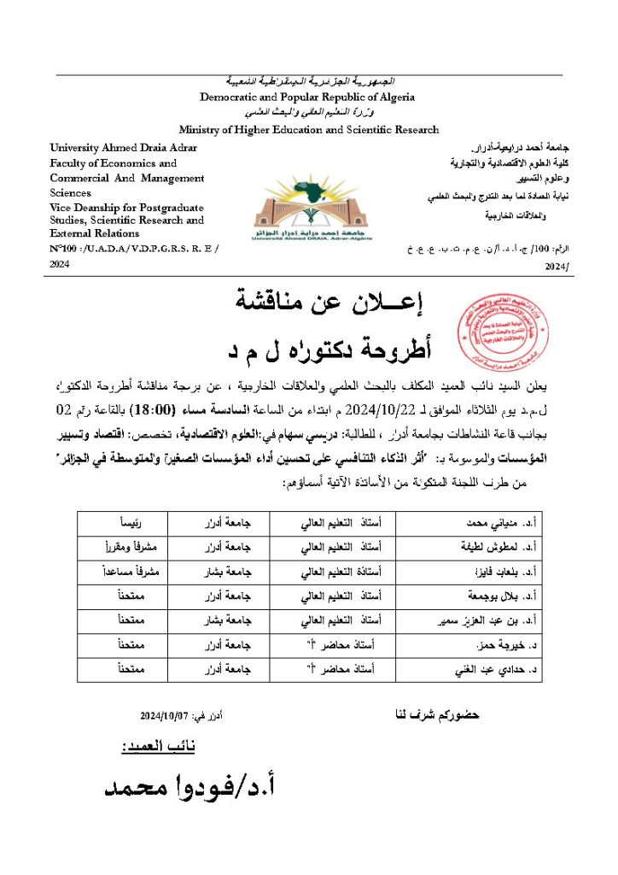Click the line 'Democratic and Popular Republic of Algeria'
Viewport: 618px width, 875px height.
coord(307,97)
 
